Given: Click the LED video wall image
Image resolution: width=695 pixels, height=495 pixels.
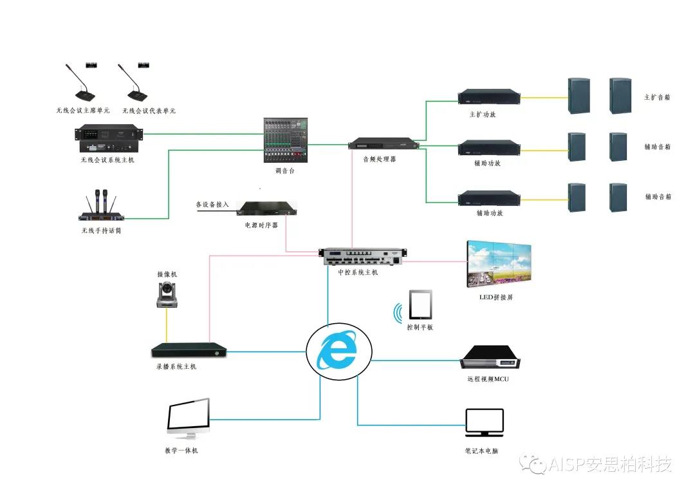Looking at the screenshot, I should tap(499, 263).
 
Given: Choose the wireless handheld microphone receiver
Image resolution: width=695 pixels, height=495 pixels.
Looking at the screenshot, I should tap(102, 209).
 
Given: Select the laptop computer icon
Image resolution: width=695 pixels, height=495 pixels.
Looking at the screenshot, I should tap(484, 422).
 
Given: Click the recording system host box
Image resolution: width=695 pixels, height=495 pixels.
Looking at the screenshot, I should tap(190, 351).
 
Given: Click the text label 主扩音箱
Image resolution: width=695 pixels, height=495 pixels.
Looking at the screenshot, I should tap(657, 98).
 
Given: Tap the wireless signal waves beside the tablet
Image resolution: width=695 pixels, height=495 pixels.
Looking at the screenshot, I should tap(399, 313).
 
